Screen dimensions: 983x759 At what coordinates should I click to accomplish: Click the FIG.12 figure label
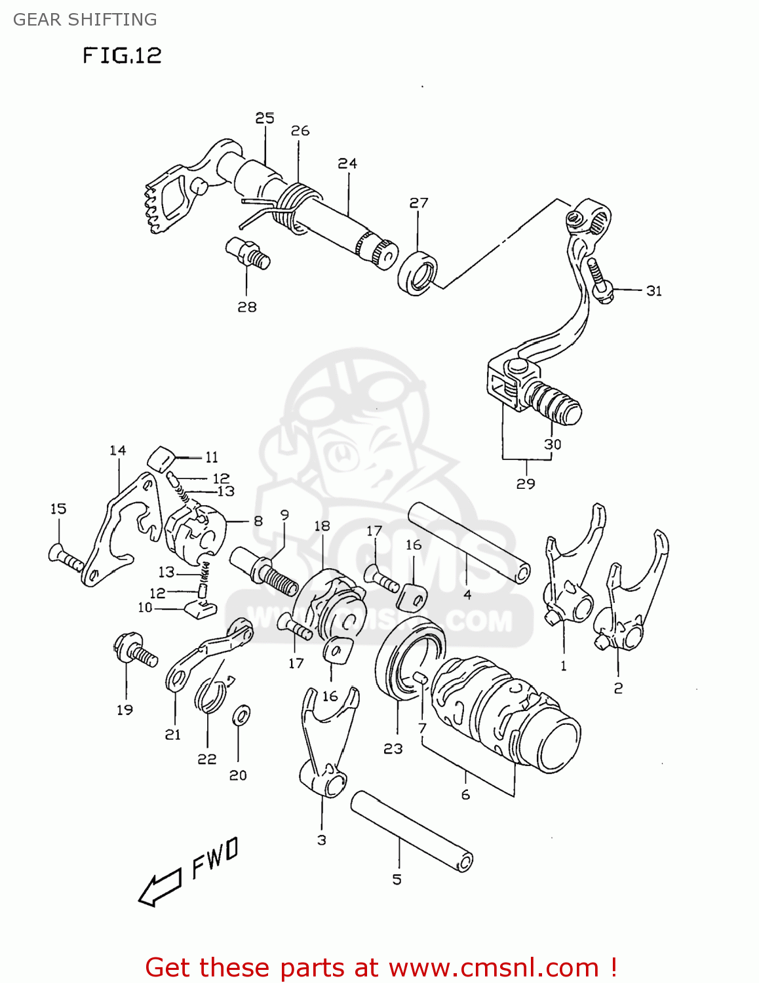click(x=122, y=56)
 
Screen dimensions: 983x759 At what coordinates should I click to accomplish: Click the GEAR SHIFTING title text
click(x=85, y=20)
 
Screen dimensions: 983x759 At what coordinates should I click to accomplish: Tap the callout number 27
click(x=419, y=203)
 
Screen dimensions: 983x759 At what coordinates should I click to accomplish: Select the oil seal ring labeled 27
click(x=418, y=273)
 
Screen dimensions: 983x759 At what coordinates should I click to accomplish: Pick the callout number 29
click(x=526, y=484)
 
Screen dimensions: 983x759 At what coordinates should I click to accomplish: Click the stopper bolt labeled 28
click(x=248, y=253)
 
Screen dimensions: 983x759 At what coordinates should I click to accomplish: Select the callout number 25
click(x=265, y=118)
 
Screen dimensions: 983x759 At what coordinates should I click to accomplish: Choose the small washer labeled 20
click(x=241, y=715)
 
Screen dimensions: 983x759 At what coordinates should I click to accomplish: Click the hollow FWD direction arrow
click(x=159, y=888)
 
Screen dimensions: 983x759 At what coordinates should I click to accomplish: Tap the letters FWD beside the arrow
click(x=215, y=858)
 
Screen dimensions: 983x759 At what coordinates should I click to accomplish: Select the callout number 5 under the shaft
click(x=397, y=879)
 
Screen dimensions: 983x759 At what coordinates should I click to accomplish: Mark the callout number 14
click(x=117, y=450)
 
